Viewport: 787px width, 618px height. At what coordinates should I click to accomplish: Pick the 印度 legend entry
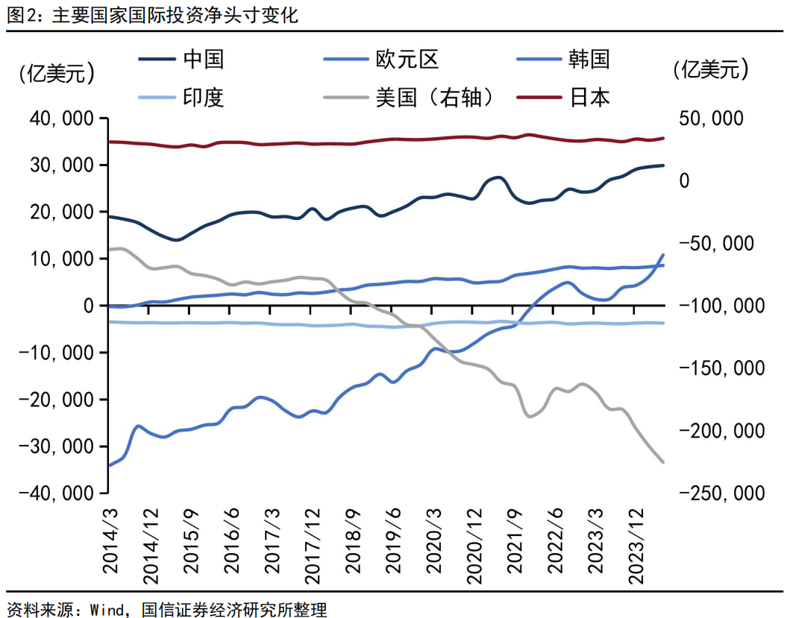(x=203, y=97)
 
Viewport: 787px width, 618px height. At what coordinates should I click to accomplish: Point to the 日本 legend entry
(x=589, y=97)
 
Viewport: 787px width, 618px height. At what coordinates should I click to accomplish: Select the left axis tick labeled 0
(x=88, y=306)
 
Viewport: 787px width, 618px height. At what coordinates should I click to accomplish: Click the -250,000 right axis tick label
(x=717, y=494)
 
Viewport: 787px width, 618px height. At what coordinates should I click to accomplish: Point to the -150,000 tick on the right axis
(x=717, y=368)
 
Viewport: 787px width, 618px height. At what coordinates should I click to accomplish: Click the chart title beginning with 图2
(x=153, y=16)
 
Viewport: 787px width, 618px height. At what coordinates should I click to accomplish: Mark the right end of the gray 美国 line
(x=663, y=462)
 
